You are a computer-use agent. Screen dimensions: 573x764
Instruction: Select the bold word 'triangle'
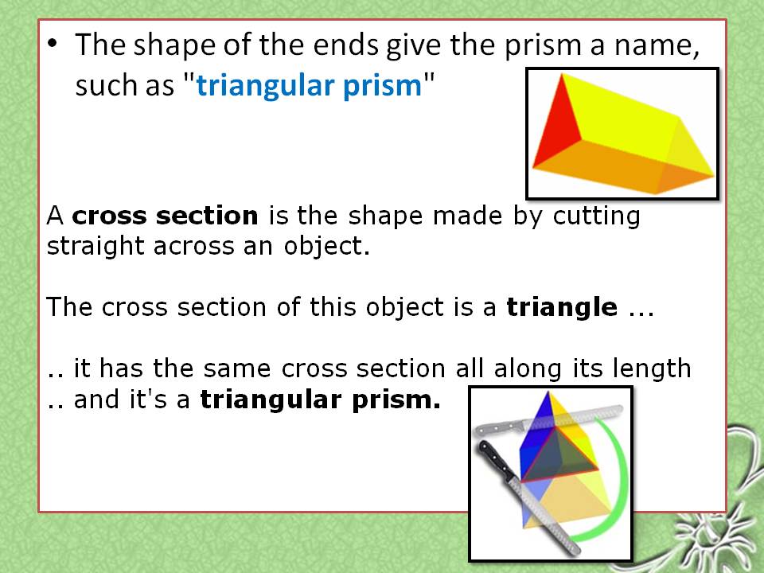point(562,306)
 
